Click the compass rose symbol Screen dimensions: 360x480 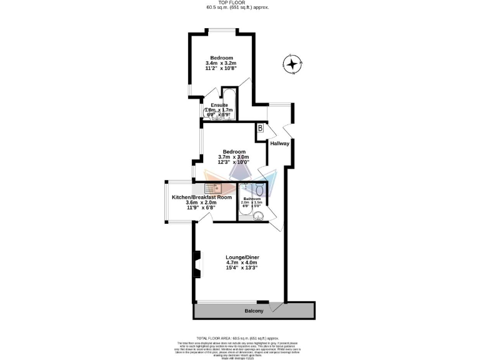[292, 64]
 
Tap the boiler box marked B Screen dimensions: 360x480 [260, 128]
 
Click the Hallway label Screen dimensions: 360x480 [279, 144]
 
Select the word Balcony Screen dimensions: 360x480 [253, 311]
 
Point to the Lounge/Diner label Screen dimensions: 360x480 [242, 257]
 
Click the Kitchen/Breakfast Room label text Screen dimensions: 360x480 [202, 197]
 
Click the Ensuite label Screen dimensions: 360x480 [219, 105]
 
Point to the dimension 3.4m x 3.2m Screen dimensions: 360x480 [221, 63]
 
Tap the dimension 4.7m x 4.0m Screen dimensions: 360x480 [242, 262]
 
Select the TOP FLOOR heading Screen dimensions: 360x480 [239, 3]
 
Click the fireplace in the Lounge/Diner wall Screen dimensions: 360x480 [197, 264]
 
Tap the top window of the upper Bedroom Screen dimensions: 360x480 [222, 31]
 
